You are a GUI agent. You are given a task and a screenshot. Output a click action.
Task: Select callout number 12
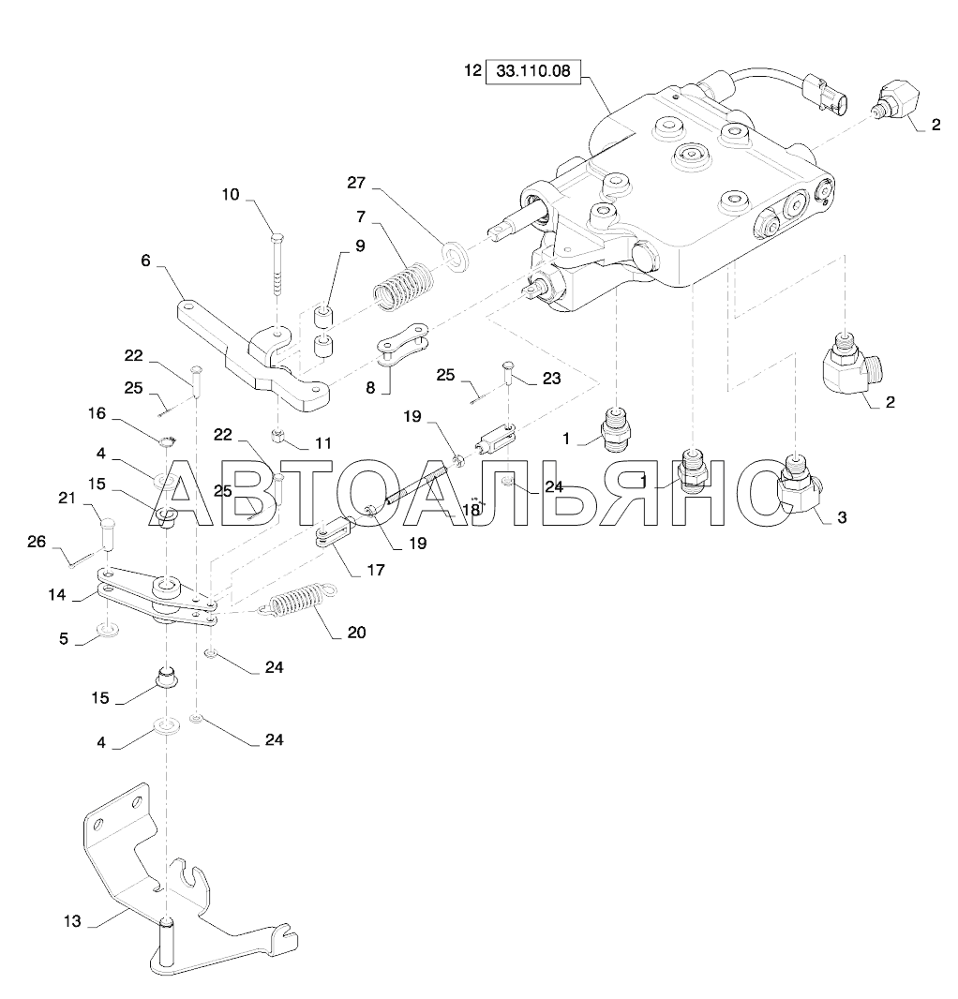(472, 71)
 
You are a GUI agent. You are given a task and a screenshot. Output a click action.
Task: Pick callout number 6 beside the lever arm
(145, 261)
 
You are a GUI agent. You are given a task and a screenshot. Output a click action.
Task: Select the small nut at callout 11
(278, 435)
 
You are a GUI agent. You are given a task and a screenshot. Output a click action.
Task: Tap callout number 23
(550, 380)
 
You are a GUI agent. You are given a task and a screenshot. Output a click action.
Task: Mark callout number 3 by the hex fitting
(841, 516)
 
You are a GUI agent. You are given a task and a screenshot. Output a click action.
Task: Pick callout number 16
(97, 412)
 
